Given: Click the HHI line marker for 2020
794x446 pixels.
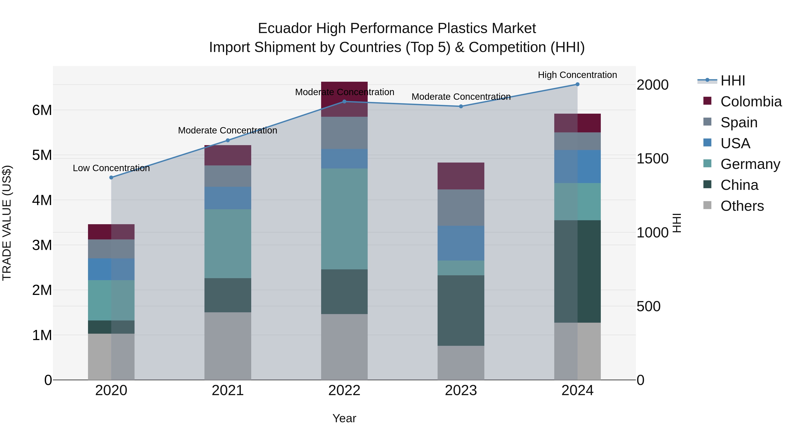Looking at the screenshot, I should [x=111, y=178].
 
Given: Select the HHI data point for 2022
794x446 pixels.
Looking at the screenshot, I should [x=345, y=102].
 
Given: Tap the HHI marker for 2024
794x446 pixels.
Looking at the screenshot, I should [x=578, y=84].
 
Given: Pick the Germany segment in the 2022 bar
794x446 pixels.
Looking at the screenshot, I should [x=344, y=219].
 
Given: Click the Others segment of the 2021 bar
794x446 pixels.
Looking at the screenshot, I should [x=228, y=346].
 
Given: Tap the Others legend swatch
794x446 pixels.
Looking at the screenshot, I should [x=707, y=205].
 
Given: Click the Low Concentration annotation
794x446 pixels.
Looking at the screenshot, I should [x=111, y=168].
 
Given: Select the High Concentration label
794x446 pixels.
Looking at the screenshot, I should [x=577, y=75].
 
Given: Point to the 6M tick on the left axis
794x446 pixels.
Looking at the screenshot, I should [x=42, y=110].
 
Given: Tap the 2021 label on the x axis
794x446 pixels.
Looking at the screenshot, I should [x=228, y=390].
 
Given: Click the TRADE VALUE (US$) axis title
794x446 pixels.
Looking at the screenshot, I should [x=7, y=223].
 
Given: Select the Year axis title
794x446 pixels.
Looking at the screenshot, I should [x=344, y=418].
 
